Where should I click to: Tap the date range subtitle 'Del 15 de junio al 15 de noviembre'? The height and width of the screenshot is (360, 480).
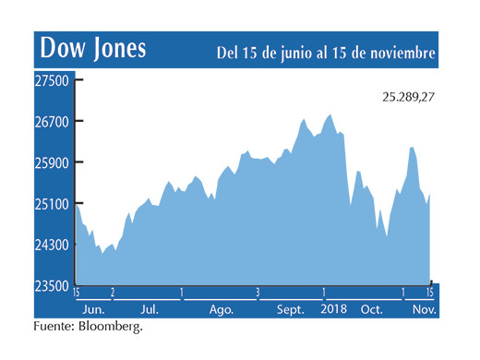[326, 53]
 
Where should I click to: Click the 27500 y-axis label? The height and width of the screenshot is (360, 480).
[54, 80]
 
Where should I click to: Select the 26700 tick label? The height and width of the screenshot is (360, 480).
[54, 122]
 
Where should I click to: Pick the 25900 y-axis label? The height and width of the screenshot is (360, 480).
[54, 162]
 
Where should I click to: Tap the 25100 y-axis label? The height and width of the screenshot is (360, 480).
[54, 204]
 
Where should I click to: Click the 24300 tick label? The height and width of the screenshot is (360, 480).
[54, 245]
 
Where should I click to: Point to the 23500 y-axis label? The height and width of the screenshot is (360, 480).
[54, 285]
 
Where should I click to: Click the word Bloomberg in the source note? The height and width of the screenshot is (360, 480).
[113, 326]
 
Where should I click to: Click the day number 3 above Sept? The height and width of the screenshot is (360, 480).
[258, 293]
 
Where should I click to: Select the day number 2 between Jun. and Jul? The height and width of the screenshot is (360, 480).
[112, 293]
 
